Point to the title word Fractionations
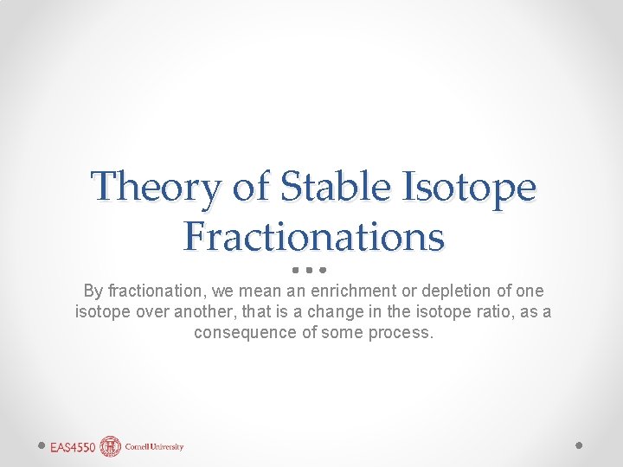click(x=313, y=236)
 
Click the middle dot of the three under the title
click(x=308, y=268)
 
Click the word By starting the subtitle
click(x=92, y=291)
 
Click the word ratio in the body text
click(x=493, y=312)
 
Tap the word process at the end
click(x=400, y=333)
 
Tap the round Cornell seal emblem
click(x=111, y=446)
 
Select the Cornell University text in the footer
click(x=154, y=447)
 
